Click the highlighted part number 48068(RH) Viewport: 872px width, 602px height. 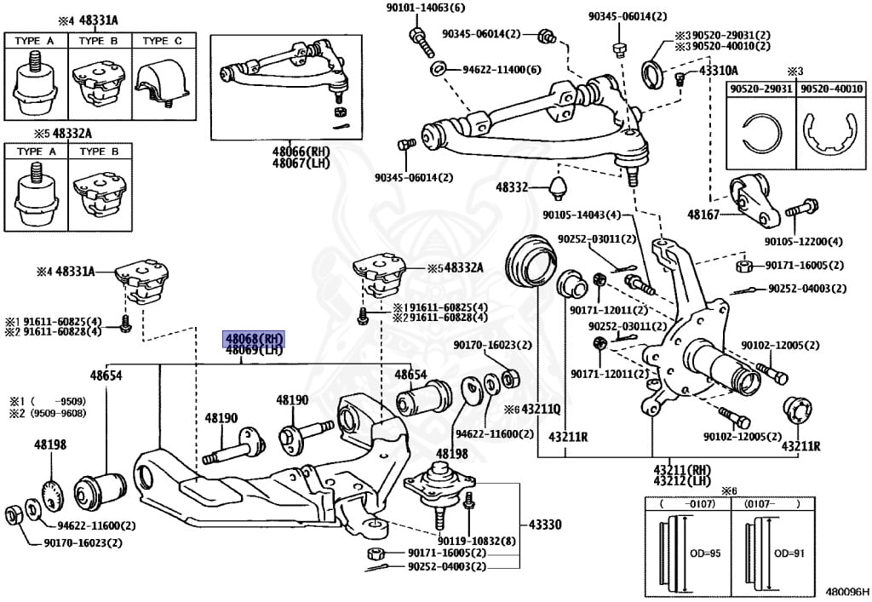253,337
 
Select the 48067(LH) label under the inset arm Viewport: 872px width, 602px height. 254,163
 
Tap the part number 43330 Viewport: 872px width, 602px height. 544,525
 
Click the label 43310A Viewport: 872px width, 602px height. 719,71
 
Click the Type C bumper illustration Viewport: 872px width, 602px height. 162,83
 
